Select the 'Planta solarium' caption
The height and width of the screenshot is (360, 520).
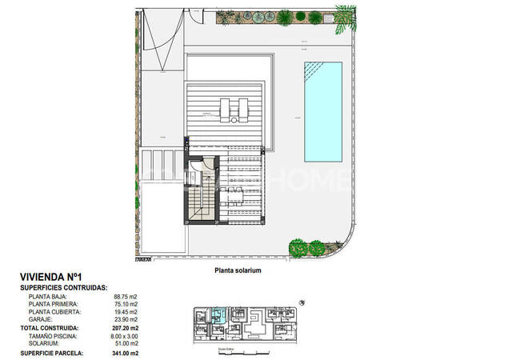click(238, 270)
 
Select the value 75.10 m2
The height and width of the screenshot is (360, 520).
click(126, 303)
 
